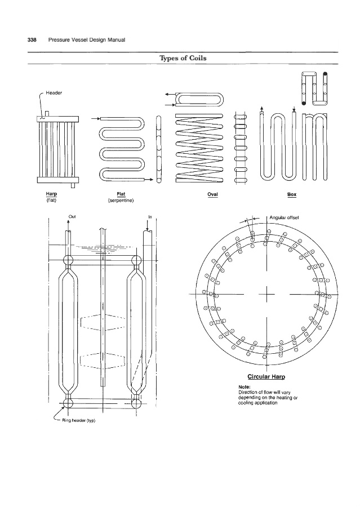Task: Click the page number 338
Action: click(x=32, y=40)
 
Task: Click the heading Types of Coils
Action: click(x=183, y=58)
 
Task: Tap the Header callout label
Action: click(x=54, y=93)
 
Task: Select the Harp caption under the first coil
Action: click(x=51, y=194)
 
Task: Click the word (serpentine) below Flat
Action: click(x=121, y=201)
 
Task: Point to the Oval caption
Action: click(x=212, y=194)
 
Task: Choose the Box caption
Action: click(x=292, y=194)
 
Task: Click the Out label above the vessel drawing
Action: click(x=72, y=217)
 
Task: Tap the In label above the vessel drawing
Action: click(x=150, y=217)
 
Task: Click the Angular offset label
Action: click(x=284, y=217)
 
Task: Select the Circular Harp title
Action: click(x=266, y=377)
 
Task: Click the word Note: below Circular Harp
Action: click(x=244, y=387)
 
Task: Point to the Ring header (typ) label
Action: click(x=78, y=420)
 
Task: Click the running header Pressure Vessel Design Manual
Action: click(x=86, y=40)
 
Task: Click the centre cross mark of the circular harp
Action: click(x=267, y=294)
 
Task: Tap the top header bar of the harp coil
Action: click(x=58, y=119)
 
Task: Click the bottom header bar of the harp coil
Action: click(x=58, y=180)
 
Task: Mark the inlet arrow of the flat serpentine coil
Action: click(x=96, y=119)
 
